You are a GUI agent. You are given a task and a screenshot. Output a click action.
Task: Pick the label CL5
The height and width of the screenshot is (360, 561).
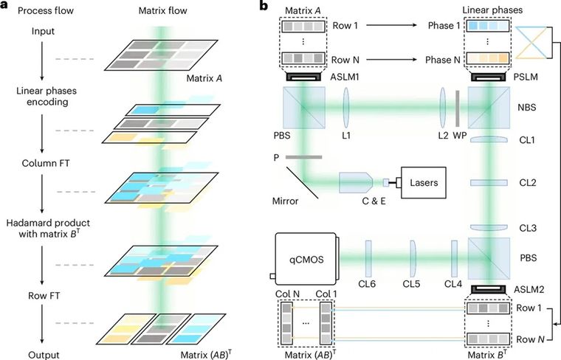pos(411,285)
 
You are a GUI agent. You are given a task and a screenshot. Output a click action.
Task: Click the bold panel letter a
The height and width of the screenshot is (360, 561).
pos(5,9)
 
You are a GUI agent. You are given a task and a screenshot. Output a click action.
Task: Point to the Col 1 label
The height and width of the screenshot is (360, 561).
pos(323,296)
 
